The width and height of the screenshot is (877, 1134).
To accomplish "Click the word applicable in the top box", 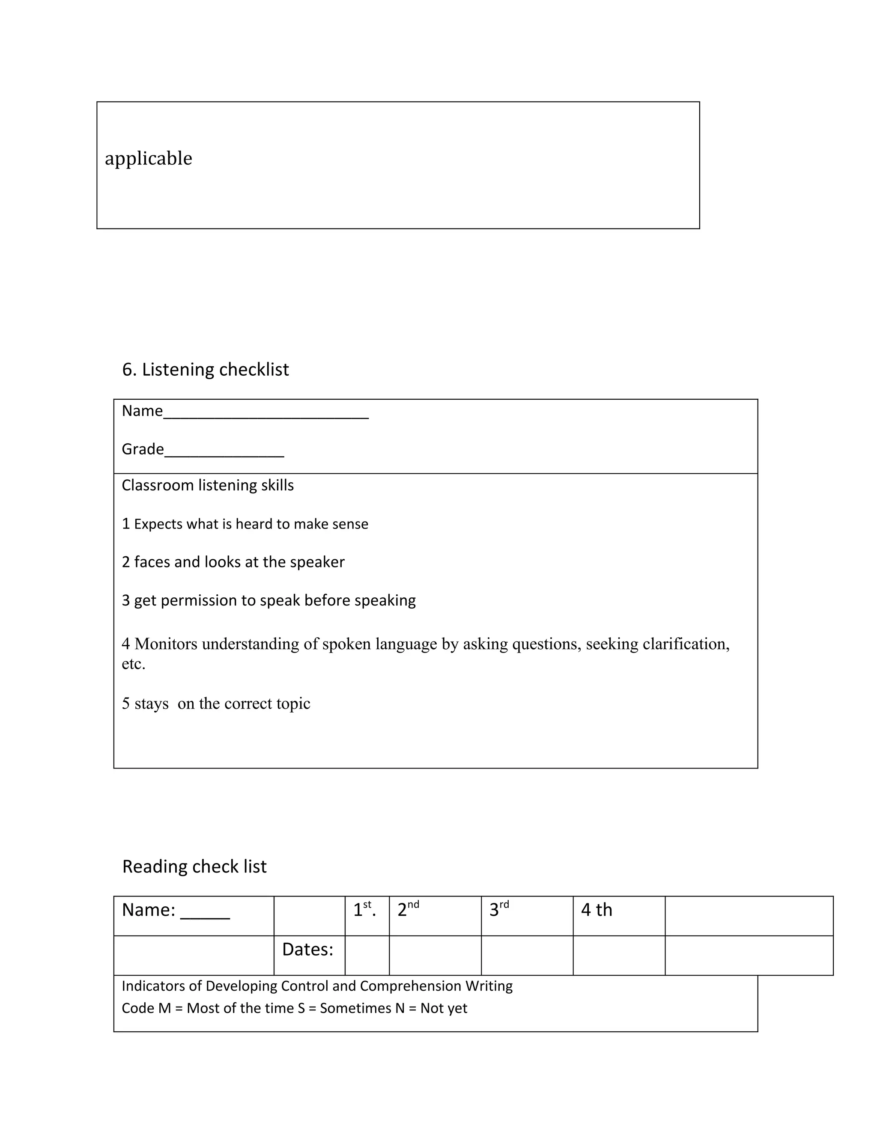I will [148, 158].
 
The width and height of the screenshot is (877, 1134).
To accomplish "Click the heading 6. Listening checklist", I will [205, 369].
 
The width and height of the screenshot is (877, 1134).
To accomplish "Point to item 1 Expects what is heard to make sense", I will [245, 524].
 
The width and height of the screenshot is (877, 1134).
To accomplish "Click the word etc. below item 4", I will [134, 664].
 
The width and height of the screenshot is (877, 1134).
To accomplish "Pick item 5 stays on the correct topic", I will [216, 704].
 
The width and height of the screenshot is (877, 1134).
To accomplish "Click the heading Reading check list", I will [194, 866].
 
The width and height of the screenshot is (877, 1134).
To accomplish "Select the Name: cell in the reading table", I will [176, 910].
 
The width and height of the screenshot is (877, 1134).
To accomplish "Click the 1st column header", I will [364, 910].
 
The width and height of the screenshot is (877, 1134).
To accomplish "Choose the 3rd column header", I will [499, 910].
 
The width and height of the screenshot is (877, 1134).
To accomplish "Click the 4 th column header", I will [597, 910].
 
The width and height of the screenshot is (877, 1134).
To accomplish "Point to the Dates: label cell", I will [307, 950].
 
